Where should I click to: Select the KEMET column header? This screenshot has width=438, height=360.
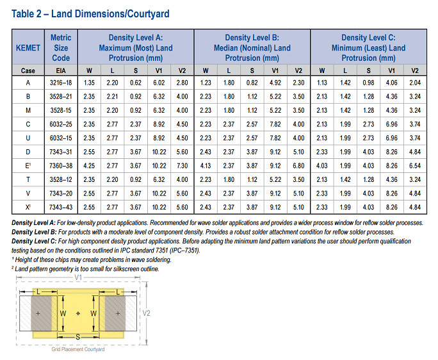tap(28, 48)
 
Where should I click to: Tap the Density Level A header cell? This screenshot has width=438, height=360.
tap(136, 48)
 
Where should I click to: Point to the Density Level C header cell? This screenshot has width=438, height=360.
tap(368, 48)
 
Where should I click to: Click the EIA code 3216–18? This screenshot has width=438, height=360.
tap(61, 83)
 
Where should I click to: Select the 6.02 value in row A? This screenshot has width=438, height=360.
tap(158, 83)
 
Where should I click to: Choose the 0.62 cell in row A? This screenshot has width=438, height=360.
tap(136, 83)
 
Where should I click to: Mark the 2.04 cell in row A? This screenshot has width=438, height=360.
tap(415, 83)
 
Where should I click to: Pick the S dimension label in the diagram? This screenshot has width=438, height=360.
tap(77, 335)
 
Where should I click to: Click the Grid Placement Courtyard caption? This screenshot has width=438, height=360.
tap(78, 350)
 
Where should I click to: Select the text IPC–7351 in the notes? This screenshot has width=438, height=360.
tap(185, 250)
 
